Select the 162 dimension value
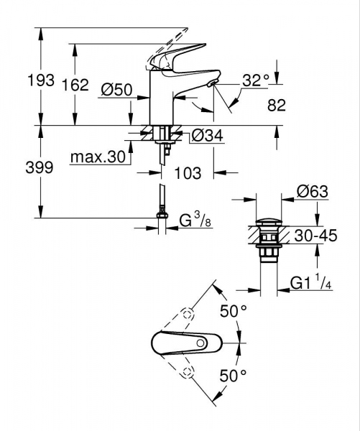(75, 85)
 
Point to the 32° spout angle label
(255, 80)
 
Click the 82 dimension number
(276, 105)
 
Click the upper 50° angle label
(233, 312)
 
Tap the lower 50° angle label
(233, 374)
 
